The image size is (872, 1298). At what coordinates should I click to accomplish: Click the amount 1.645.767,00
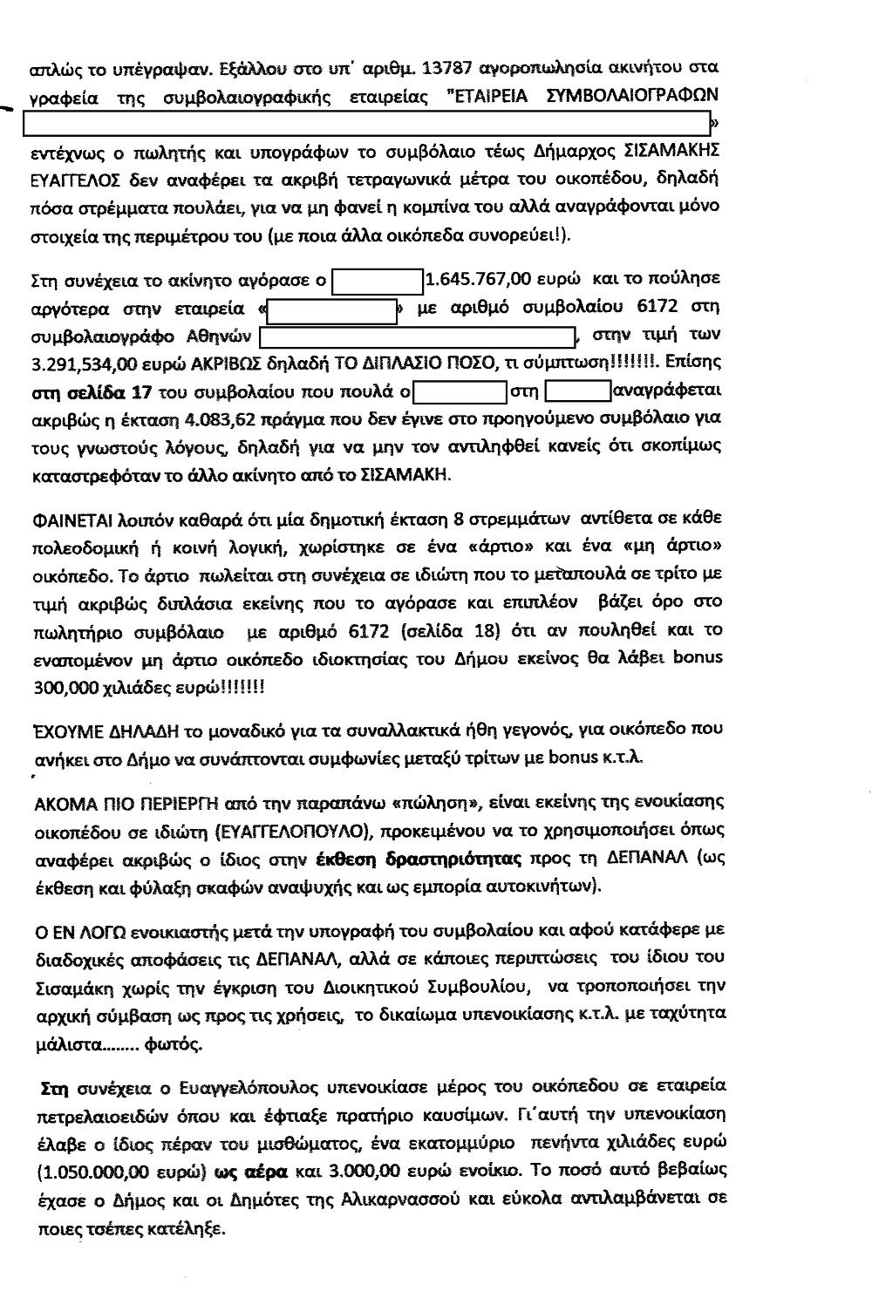478,281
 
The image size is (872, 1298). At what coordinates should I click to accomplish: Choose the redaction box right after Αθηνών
419,336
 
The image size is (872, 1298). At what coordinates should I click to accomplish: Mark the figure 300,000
63,686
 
